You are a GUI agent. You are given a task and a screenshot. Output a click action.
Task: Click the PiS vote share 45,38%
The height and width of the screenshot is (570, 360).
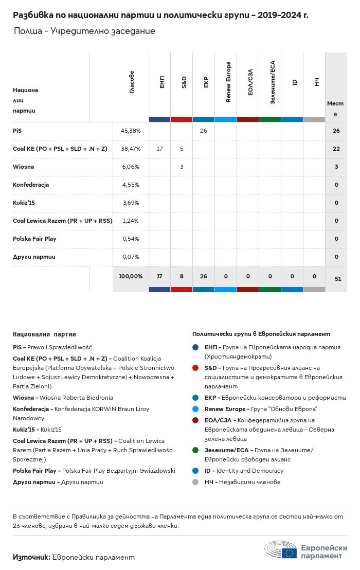tap(131, 131)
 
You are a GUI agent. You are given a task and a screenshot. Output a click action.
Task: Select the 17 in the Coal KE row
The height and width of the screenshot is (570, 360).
tap(159, 149)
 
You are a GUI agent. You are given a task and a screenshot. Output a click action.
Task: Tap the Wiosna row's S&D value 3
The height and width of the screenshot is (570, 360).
tap(182, 167)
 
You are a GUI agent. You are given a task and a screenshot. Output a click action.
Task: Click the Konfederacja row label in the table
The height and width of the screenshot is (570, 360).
tap(31, 185)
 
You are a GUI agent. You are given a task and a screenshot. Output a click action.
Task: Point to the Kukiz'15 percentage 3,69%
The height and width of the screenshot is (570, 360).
tap(131, 203)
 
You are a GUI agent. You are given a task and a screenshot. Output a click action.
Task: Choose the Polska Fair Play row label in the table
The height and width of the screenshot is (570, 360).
tap(34, 239)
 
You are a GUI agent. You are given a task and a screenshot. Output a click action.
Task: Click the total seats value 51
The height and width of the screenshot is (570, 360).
tap(337, 279)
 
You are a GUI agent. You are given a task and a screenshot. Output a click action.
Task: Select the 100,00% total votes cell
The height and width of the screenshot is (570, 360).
tap(131, 276)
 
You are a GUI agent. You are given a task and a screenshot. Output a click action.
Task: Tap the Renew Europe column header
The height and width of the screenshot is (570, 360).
tap(228, 82)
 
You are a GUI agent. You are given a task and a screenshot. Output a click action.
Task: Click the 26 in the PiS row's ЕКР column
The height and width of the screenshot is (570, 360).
tap(204, 131)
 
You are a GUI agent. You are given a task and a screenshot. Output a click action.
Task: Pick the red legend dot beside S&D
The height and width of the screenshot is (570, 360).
tap(195, 368)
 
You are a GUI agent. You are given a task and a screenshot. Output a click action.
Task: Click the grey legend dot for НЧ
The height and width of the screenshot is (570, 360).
tap(195, 482)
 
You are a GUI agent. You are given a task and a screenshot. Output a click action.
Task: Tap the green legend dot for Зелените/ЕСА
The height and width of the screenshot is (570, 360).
tap(195, 450)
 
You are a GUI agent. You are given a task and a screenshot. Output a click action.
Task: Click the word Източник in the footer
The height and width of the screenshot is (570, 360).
tap(31, 557)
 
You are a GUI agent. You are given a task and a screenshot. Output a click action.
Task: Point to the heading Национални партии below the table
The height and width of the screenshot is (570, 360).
tap(44, 334)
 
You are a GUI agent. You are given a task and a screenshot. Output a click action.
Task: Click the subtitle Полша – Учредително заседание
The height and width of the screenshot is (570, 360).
tap(84, 31)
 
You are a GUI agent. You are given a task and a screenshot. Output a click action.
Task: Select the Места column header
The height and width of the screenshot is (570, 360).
tap(335, 108)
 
